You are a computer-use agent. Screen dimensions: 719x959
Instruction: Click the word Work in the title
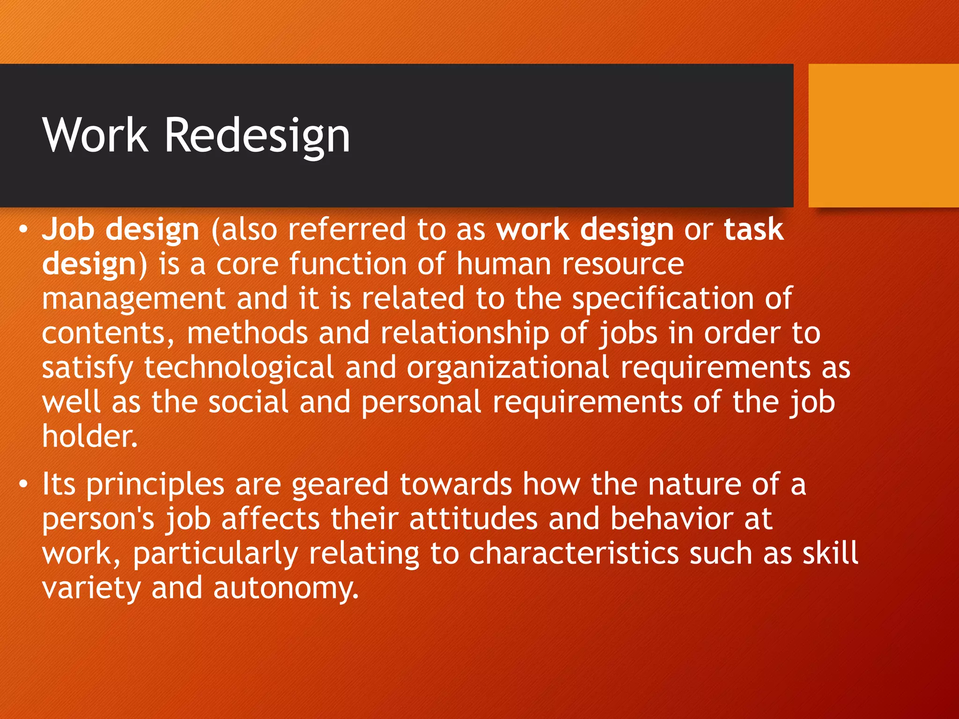[96, 136]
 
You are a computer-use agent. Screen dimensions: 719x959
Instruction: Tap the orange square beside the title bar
[883, 136]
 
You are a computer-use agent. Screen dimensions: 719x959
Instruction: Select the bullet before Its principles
[23, 485]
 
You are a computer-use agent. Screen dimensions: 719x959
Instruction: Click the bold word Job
[68, 229]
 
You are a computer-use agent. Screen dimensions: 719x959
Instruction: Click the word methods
[247, 333]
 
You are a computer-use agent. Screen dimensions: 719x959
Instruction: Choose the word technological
[239, 368]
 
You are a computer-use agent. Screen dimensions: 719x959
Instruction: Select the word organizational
[508, 368]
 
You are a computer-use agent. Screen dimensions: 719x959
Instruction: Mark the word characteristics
[574, 554]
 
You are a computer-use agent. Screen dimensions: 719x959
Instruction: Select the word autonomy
[286, 588]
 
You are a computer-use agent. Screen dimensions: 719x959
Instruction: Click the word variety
[91, 588]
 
